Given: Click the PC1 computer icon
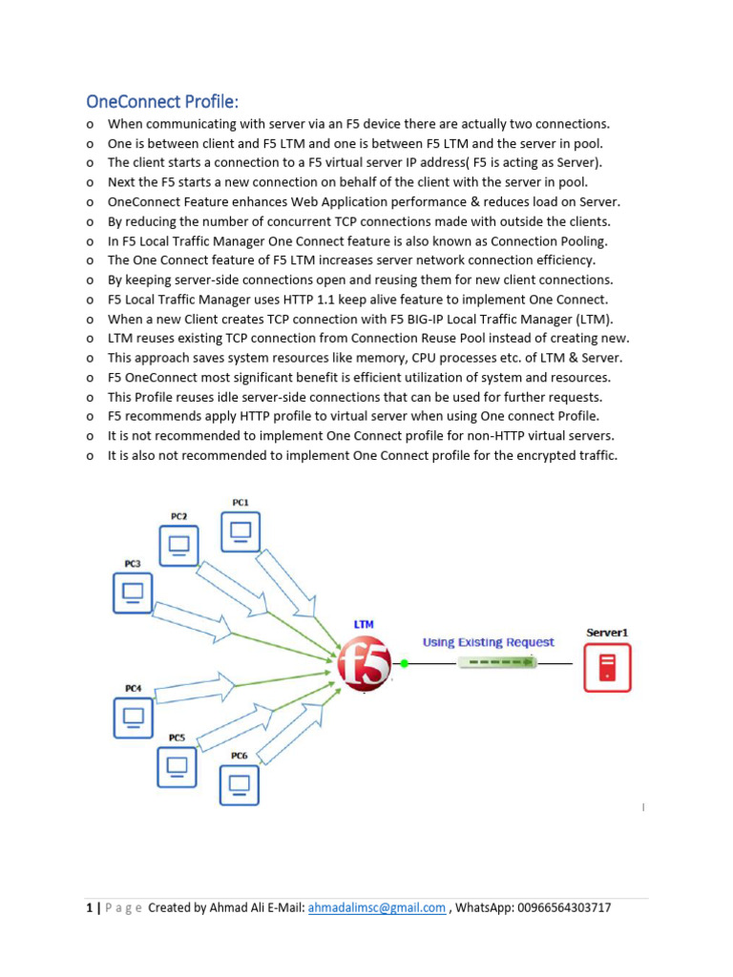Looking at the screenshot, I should tap(241, 531).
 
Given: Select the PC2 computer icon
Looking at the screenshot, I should tap(178, 546).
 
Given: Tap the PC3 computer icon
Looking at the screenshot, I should tap(133, 592).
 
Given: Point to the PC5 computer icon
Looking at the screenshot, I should tap(177, 765).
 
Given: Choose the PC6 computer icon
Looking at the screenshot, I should tap(240, 784).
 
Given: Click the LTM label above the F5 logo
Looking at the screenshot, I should tap(364, 624).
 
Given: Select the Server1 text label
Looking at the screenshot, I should tap(607, 633).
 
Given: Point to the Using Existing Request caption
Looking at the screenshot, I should tap(488, 642).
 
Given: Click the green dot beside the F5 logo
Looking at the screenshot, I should tap(404, 663).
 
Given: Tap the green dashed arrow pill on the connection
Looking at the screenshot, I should tap(496, 662).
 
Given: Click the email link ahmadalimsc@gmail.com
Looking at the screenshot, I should tap(377, 908).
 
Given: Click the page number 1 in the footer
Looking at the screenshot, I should tap(89, 908).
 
